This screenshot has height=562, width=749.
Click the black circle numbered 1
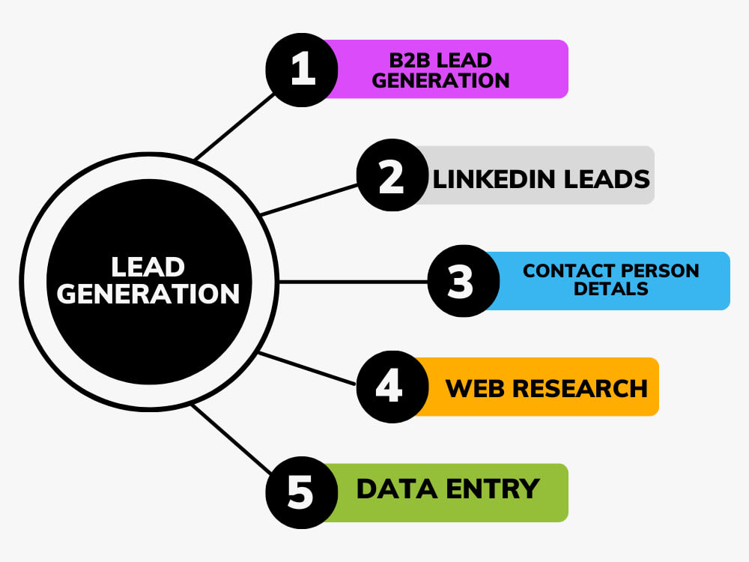(302, 69)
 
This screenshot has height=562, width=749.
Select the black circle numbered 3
(463, 282)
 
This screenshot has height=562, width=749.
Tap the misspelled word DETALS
(611, 288)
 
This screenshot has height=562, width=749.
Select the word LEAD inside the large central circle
(148, 268)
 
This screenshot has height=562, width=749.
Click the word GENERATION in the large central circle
(148, 293)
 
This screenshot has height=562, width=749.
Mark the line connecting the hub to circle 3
(352, 282)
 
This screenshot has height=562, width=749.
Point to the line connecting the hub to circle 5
(232, 438)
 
